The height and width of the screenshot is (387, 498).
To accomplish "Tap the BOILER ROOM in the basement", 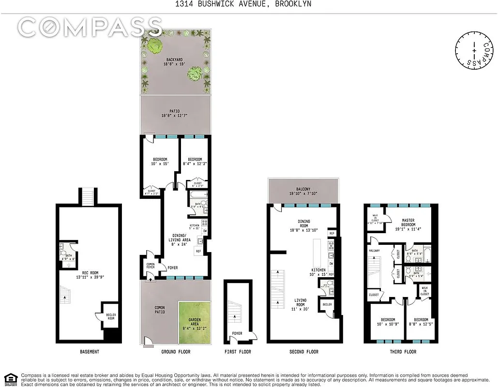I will (111, 317).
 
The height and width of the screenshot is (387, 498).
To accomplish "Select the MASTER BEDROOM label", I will (408, 223).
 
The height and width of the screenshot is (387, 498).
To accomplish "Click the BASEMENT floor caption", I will (89, 352).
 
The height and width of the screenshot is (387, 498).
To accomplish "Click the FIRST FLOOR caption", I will (238, 352).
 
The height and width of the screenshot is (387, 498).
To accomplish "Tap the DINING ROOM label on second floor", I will (303, 225).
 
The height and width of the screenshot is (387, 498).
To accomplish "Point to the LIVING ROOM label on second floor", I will (301, 302).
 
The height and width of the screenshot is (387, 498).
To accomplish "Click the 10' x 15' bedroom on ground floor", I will (160, 163).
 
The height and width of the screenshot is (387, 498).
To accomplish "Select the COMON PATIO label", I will (160, 310).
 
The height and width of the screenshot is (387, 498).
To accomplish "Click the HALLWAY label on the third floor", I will (375, 251).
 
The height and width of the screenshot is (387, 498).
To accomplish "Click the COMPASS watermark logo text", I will (90, 28).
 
